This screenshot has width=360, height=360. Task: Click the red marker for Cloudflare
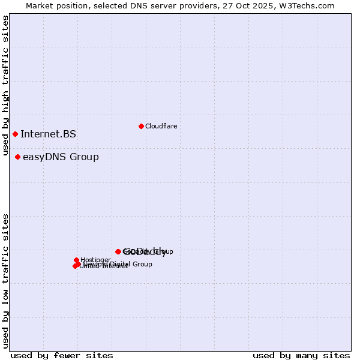point(141,126)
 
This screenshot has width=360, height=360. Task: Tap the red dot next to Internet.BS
point(15,134)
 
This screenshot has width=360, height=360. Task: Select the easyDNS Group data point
point(17,157)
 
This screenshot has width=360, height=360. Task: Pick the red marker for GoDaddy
point(118,251)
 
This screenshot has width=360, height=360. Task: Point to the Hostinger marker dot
point(77,260)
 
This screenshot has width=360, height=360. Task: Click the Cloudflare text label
point(161,126)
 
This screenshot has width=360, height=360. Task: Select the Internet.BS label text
point(48,134)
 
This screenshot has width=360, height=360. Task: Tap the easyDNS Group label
point(61,157)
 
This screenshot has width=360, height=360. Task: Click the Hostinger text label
point(96,260)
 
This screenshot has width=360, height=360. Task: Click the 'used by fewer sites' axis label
point(62,355)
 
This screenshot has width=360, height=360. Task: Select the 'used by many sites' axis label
point(301,355)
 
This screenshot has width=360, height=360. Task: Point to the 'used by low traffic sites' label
point(6,281)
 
